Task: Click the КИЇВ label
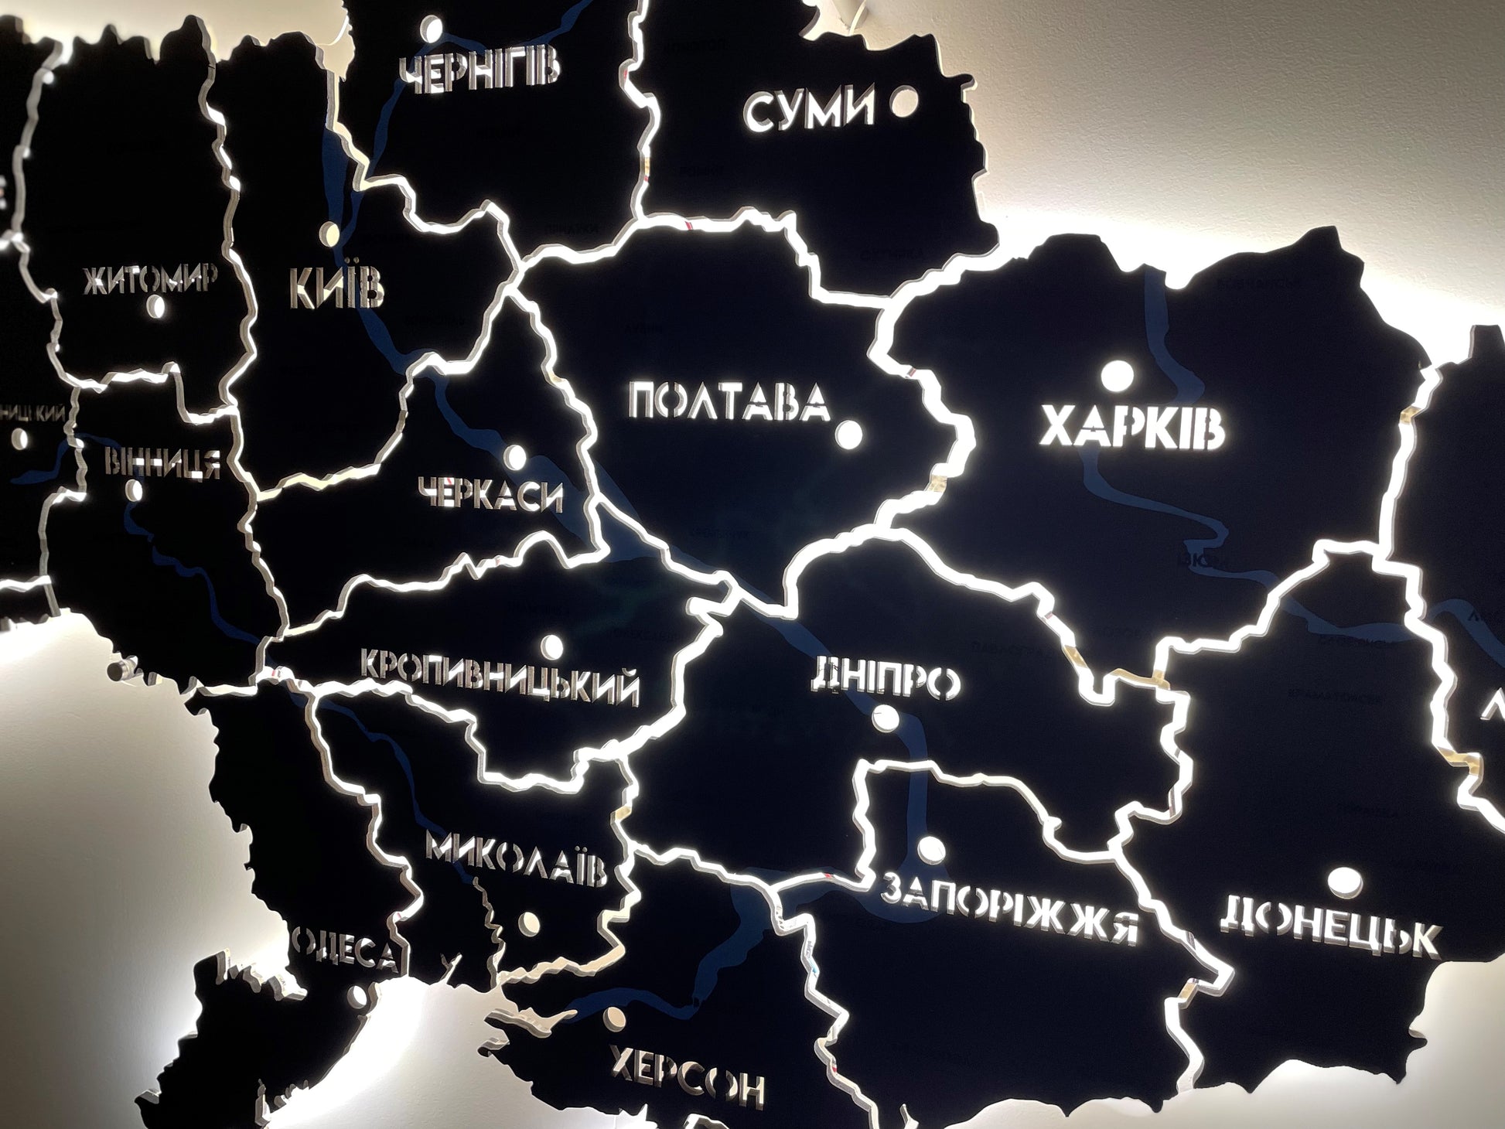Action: pos(336,288)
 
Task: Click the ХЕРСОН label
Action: pos(686,1076)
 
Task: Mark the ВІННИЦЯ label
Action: pos(162,462)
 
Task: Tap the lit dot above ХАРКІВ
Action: pos(1117,377)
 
